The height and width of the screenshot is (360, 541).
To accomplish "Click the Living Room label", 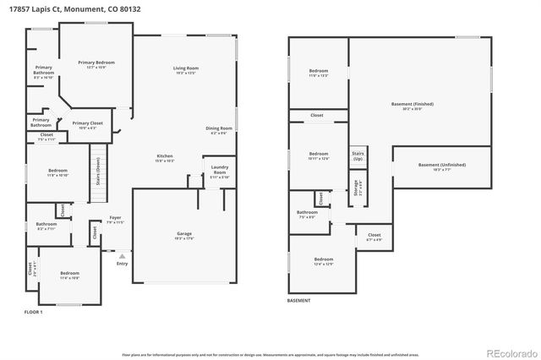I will click(186, 68).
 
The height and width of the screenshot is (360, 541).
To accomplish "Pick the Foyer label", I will click(112, 220).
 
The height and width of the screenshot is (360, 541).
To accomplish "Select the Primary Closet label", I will click(87, 124).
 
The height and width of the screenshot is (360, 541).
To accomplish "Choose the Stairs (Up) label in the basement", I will click(358, 155).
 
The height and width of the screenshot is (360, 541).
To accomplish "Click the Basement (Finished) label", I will click(413, 105).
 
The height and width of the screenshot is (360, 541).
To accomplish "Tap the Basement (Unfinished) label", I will click(441, 166).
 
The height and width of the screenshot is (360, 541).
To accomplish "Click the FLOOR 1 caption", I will click(34, 313).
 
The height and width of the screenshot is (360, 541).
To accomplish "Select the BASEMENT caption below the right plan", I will click(298, 301).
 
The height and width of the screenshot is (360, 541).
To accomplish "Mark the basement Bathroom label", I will click(306, 214).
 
